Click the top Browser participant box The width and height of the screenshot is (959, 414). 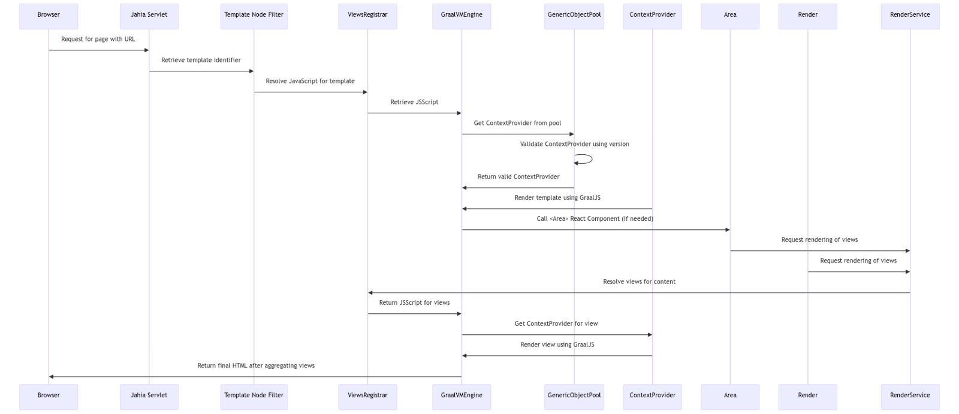click(x=49, y=16)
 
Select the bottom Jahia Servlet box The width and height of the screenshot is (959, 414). click(x=149, y=396)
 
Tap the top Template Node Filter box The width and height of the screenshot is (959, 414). click(x=254, y=16)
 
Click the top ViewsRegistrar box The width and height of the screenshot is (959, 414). click(x=367, y=16)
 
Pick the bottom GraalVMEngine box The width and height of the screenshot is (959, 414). click(x=461, y=396)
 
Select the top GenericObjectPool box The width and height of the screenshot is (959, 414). click(x=574, y=16)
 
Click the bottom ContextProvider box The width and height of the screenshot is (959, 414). click(x=652, y=396)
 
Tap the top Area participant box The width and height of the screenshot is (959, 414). click(x=729, y=16)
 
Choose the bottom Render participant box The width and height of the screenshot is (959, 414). click(x=807, y=396)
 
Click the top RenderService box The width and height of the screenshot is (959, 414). click(x=910, y=16)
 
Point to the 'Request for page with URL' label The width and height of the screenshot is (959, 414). click(x=98, y=39)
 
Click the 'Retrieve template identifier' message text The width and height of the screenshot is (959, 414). click(x=201, y=60)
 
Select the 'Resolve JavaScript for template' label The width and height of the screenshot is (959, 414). click(x=310, y=81)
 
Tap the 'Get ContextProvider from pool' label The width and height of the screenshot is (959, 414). click(x=517, y=123)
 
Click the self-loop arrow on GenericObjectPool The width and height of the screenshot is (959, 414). click(x=590, y=159)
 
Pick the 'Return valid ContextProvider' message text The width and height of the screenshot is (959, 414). click(x=518, y=177)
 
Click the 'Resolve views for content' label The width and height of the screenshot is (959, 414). click(x=639, y=282)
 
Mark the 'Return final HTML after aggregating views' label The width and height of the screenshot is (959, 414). click(x=256, y=366)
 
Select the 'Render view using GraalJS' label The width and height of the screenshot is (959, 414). click(x=557, y=345)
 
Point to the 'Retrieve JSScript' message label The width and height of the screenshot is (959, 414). click(x=414, y=102)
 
